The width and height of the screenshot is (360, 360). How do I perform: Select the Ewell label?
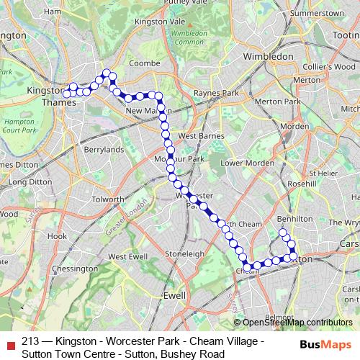pos(174,295)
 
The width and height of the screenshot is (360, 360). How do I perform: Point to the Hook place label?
pos(57,236)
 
